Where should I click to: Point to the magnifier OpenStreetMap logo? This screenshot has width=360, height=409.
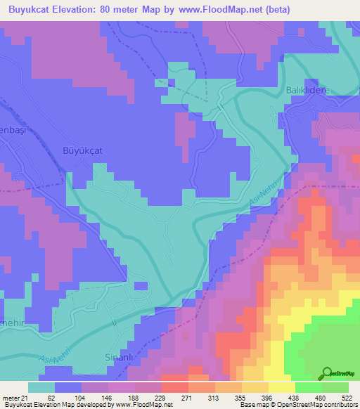(328, 373)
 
